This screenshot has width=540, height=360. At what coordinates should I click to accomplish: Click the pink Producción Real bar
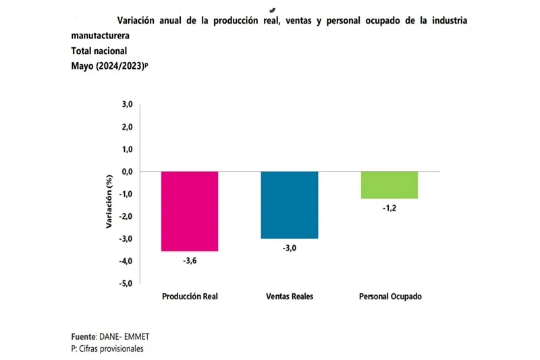point(190,211)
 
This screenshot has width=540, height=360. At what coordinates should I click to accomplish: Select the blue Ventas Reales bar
point(290,205)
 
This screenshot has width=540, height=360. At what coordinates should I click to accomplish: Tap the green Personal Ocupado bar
point(390,185)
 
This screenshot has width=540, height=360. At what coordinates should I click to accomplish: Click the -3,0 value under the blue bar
point(290,249)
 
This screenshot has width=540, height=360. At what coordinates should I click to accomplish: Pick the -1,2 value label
point(390,209)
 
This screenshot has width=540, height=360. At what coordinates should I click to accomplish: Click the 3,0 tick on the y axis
point(127,105)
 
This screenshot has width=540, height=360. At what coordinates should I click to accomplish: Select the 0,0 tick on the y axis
point(127,172)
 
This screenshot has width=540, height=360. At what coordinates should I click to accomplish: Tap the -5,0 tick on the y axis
point(126,284)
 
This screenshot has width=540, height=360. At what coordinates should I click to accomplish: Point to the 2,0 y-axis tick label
point(127,127)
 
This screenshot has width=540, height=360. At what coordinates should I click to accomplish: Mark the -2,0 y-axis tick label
point(126,217)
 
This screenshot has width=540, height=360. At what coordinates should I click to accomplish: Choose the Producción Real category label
point(190,297)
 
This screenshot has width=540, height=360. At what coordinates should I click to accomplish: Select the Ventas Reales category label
point(290,297)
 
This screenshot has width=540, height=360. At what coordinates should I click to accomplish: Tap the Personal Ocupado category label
point(390,297)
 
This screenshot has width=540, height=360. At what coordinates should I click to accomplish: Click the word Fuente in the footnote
point(84,336)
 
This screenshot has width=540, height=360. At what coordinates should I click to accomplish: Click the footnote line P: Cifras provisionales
point(107,349)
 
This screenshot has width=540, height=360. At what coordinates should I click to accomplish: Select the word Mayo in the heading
point(83,66)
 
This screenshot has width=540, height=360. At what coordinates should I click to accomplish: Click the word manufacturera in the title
point(101,35)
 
